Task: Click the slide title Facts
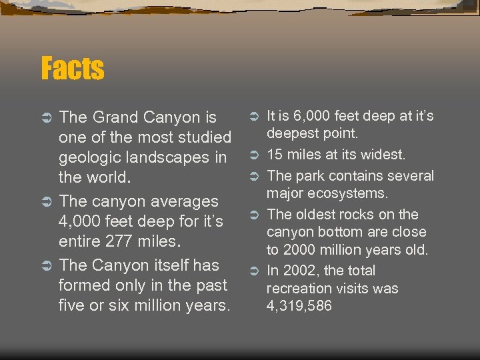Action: coord(72,68)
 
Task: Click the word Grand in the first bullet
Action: coord(112,118)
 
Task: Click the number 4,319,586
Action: coord(299,307)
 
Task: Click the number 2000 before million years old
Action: coord(302,250)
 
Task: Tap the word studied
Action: coord(206,138)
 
